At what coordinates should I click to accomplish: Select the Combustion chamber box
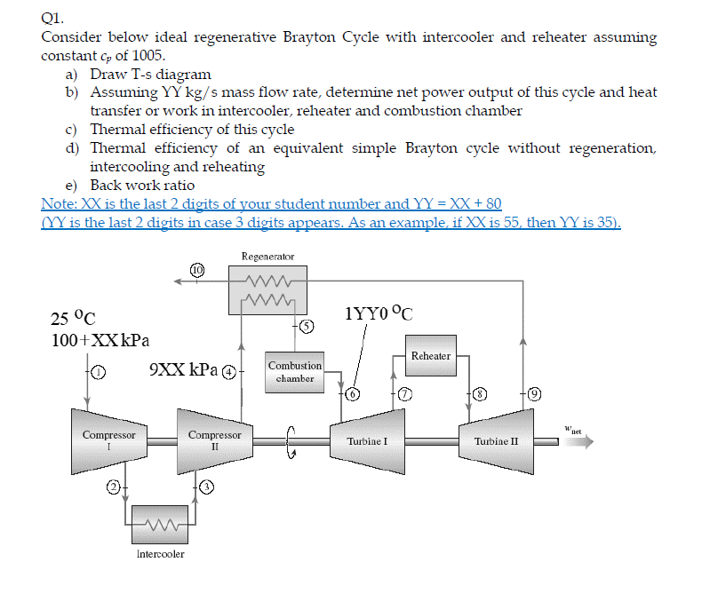(x=295, y=372)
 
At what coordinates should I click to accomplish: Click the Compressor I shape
(x=108, y=440)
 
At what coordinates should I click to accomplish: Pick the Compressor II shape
(x=214, y=440)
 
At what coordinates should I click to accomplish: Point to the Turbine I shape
(x=367, y=440)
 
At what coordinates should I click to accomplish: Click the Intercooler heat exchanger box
(x=160, y=523)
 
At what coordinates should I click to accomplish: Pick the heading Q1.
(x=52, y=16)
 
